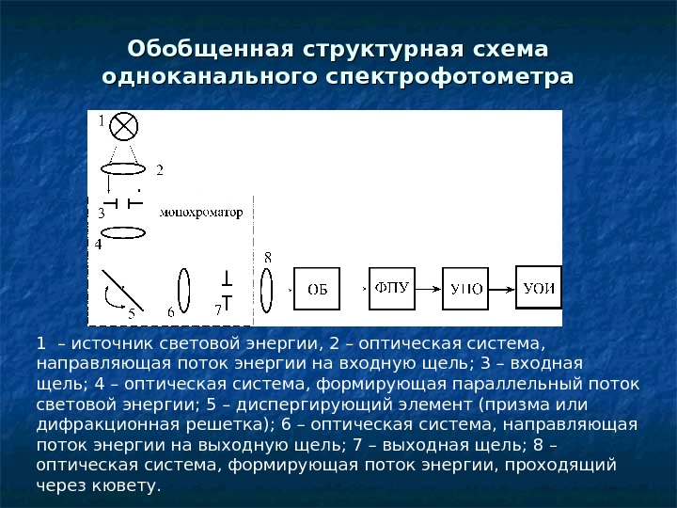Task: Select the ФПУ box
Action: point(391,288)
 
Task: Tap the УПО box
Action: point(466,289)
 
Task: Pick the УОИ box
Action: point(538,287)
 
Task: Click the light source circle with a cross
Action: point(124,126)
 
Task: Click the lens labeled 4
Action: point(123,233)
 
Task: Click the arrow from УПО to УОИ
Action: point(502,287)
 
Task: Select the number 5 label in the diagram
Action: point(131,312)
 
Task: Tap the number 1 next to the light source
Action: point(102,120)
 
